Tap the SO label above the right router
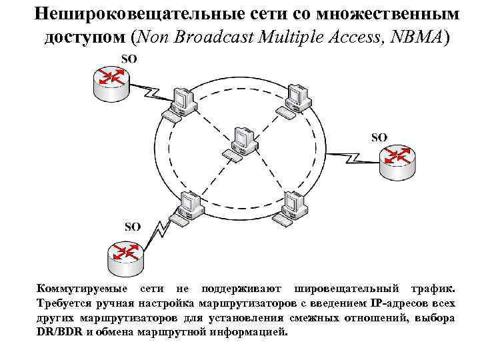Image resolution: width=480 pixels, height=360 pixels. (379, 137)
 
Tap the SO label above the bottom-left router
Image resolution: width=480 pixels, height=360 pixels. (132, 227)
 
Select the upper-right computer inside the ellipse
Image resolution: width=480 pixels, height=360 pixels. (293, 101)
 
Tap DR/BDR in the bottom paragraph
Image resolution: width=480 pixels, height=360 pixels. (60, 331)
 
